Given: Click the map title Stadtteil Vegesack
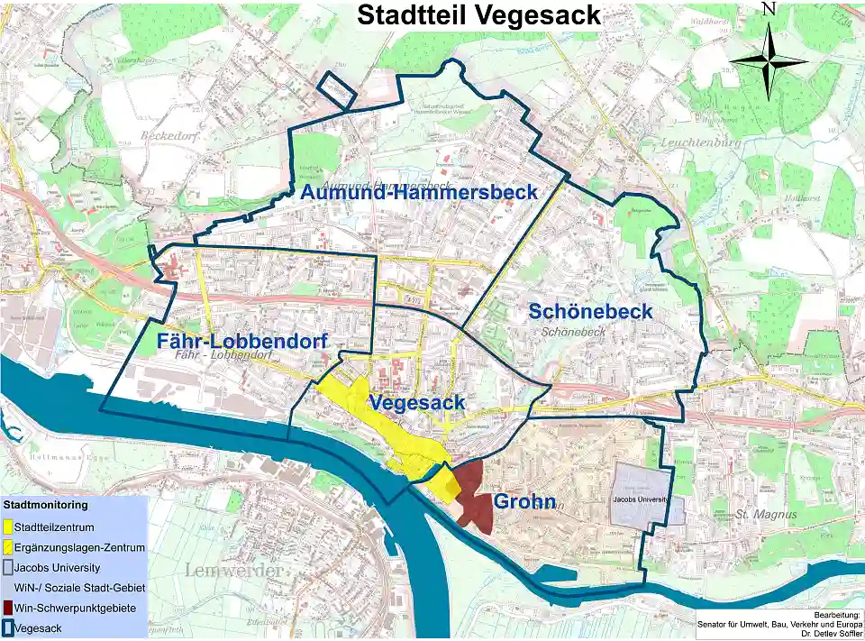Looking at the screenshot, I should pyautogui.click(x=478, y=15).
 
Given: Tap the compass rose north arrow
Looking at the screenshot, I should pyautogui.click(x=769, y=61).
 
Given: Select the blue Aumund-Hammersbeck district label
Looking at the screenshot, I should pyautogui.click(x=419, y=192).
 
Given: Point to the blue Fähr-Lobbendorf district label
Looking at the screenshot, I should pyautogui.click(x=241, y=341).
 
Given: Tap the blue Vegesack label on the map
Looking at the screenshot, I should pyautogui.click(x=416, y=402).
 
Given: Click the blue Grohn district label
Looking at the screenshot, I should pyautogui.click(x=524, y=502).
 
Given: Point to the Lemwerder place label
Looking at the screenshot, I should pyautogui.click(x=229, y=570).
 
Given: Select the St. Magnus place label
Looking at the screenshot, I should pyautogui.click(x=754, y=514).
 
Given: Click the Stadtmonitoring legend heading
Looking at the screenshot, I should pyautogui.click(x=45, y=505).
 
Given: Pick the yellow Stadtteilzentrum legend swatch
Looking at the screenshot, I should pyautogui.click(x=8, y=527).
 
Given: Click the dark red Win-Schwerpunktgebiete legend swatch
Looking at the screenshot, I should pyautogui.click(x=8, y=609).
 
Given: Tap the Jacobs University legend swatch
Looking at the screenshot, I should pyautogui.click(x=8, y=568).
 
